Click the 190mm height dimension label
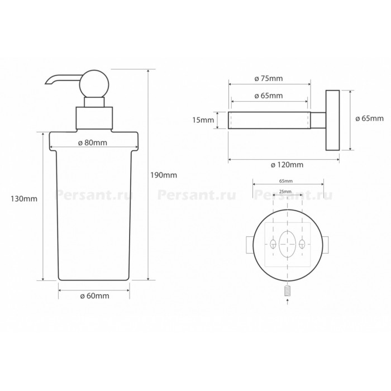(x=164, y=175)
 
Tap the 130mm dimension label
(x=24, y=199)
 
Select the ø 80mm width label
(x=93, y=143)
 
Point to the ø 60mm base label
(x=94, y=296)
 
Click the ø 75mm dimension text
(x=269, y=79)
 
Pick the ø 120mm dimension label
(x=287, y=165)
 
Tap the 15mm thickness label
(x=203, y=120)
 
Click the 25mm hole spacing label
(x=285, y=192)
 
